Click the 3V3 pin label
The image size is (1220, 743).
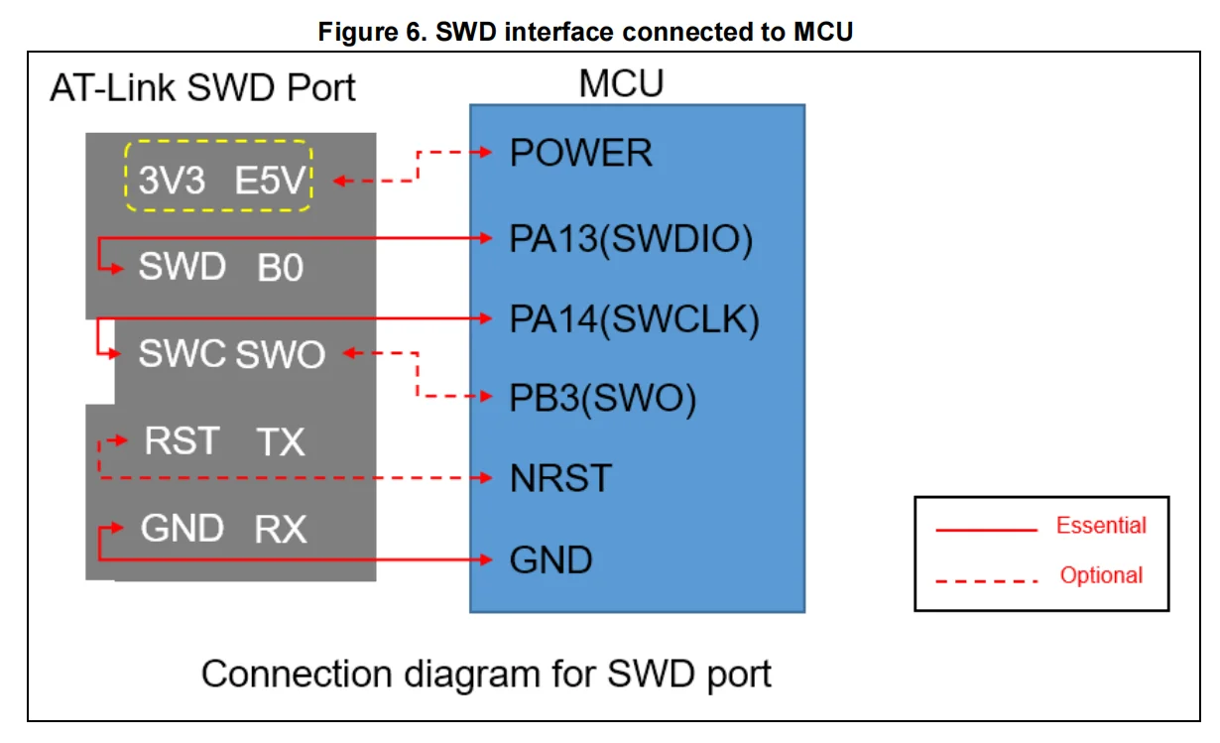(172, 182)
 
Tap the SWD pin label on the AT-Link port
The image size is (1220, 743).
(183, 267)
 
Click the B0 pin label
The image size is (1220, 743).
(281, 268)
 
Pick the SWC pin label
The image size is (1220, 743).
(182, 353)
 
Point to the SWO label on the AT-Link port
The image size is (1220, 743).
(281, 354)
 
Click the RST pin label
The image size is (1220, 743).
(182, 439)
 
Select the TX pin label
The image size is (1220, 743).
(281, 441)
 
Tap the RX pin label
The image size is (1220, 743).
(281, 530)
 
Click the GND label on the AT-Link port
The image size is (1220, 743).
(182, 529)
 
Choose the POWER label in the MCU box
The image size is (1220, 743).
(581, 154)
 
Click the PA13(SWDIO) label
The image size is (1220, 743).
(632, 240)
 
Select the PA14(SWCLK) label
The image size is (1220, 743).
(635, 320)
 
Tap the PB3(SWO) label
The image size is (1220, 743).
(603, 398)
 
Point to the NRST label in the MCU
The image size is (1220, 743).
(560, 479)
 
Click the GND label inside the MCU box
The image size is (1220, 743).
(550, 560)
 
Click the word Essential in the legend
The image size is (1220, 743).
(1101, 526)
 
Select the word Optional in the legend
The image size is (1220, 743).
(1101, 575)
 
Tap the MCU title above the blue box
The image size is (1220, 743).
(621, 84)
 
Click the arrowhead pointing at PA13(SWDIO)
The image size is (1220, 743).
(488, 238)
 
